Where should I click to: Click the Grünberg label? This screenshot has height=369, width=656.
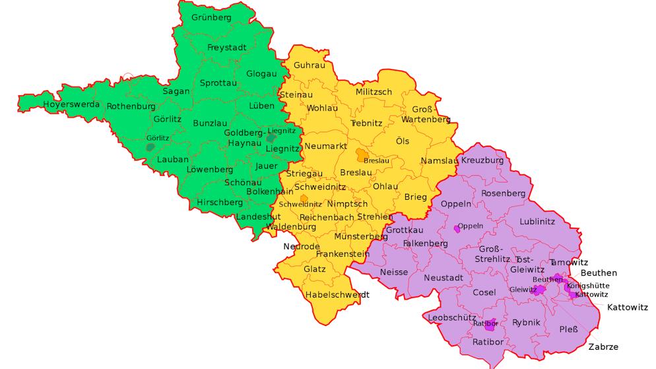[x=211, y=17]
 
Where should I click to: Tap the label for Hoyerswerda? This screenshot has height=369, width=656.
[x=71, y=104]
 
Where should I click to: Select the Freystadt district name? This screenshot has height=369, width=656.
[x=226, y=48]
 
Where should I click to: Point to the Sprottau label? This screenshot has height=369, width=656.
[x=218, y=83]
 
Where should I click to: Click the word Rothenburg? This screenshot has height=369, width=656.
[x=131, y=106]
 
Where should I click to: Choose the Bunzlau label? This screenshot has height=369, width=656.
[x=210, y=123]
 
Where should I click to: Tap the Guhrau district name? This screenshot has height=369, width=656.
[x=310, y=65]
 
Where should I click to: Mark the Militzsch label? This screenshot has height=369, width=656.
[x=374, y=92]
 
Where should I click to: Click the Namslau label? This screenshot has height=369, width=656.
[x=439, y=161]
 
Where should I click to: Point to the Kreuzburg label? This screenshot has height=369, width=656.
[x=482, y=160]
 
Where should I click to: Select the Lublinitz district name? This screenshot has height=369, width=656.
[x=537, y=222]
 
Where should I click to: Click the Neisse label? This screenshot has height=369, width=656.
[x=394, y=272]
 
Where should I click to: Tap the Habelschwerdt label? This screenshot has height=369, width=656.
[x=337, y=294]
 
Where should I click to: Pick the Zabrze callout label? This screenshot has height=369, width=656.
[x=603, y=347]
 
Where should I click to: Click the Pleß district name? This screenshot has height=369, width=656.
[x=568, y=329]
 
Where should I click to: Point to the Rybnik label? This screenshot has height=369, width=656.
[x=526, y=322]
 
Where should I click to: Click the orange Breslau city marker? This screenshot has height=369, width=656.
[x=362, y=155]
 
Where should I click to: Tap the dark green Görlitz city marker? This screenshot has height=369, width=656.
[x=150, y=147]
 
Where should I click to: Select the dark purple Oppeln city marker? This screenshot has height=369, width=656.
[x=457, y=229]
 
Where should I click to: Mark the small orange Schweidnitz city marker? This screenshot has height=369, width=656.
[x=304, y=198]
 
